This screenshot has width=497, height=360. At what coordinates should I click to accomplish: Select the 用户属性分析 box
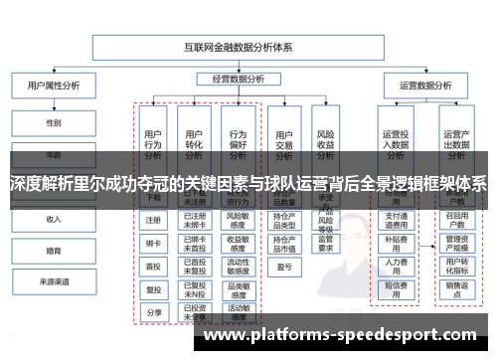tap(54, 87)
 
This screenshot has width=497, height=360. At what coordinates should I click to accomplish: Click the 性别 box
tap(54, 123)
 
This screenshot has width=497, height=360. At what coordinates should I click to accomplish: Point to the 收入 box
tap(54, 219)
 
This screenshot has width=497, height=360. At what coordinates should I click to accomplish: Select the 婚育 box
tap(54, 251)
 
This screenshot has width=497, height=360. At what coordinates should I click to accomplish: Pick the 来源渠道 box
tap(54, 282)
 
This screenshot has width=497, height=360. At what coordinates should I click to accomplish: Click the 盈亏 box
tap(283, 266)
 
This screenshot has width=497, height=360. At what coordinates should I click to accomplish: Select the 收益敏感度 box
tap(238, 243)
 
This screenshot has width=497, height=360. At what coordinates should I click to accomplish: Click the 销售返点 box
tap(456, 288)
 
